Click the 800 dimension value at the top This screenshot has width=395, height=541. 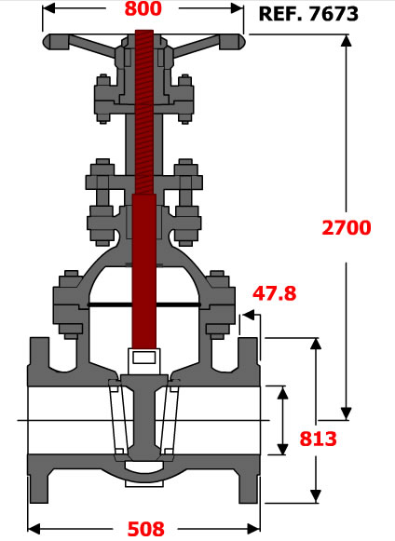tap(143, 8)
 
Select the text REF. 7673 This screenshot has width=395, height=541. tap(308, 14)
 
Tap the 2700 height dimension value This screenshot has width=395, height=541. tap(347, 228)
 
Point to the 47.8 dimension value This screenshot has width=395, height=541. tap(275, 293)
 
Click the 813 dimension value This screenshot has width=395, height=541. tap(318, 439)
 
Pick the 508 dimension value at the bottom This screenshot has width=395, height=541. tap(145, 529)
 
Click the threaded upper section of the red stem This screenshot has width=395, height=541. tap(144, 112)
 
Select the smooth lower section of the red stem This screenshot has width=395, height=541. tap(144, 271)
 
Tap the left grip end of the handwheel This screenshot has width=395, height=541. tap(56, 42)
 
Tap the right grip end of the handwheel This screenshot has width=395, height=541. tap(232, 42)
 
